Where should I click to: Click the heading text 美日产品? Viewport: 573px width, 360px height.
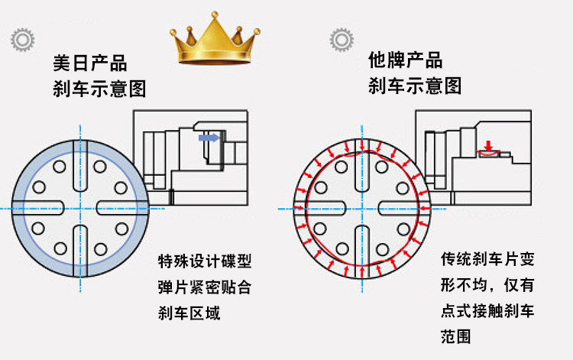point(89,63)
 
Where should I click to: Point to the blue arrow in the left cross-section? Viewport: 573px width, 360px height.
point(208,138)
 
